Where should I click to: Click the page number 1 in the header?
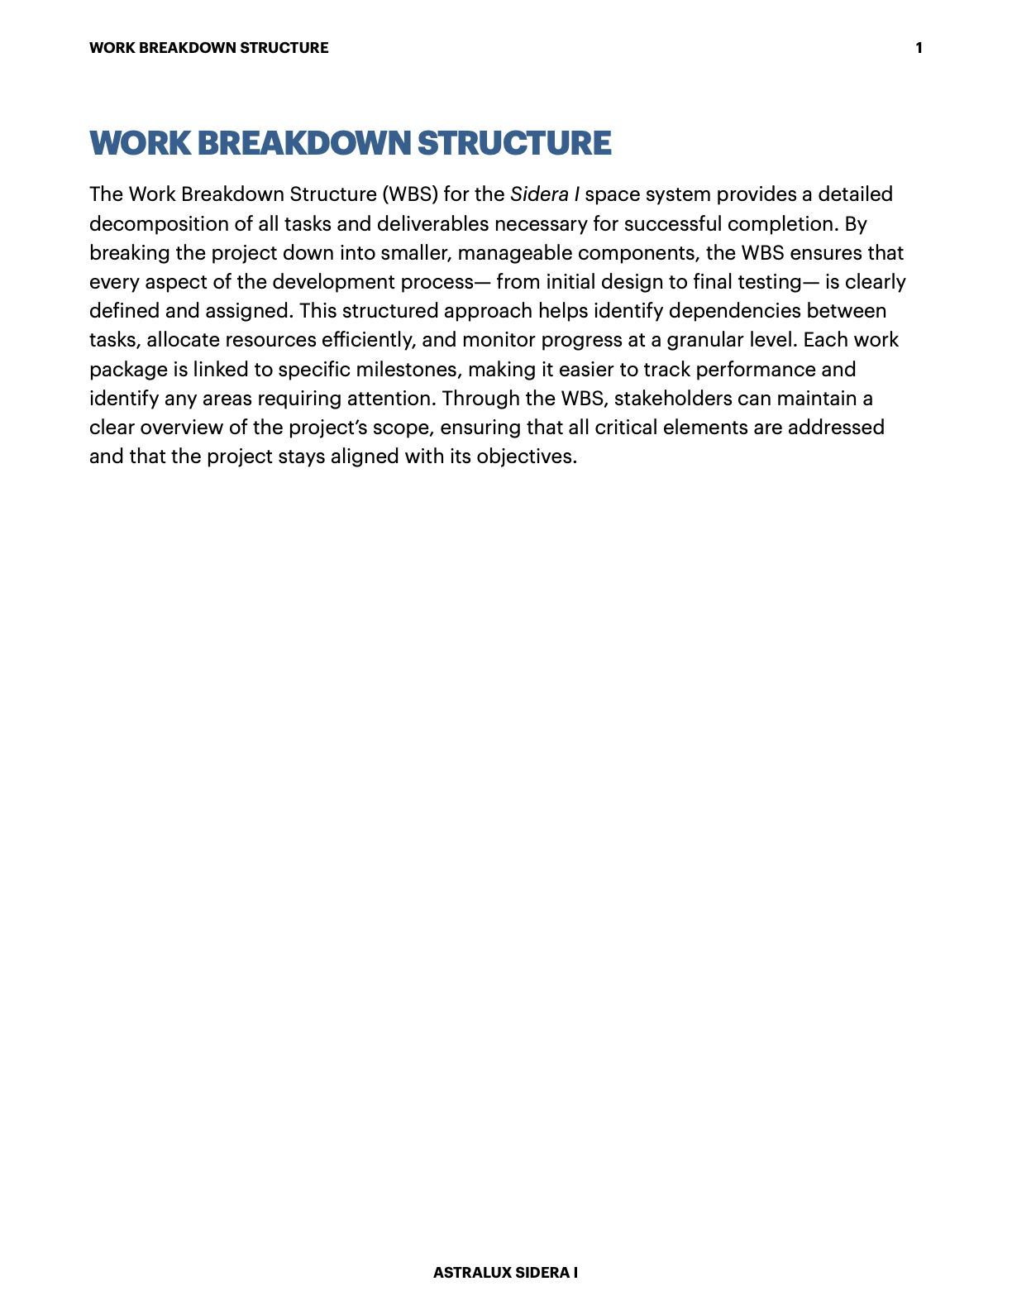click(x=919, y=48)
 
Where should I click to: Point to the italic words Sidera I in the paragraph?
click(x=544, y=194)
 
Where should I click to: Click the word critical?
click(x=625, y=428)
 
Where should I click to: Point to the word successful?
click(x=670, y=224)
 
